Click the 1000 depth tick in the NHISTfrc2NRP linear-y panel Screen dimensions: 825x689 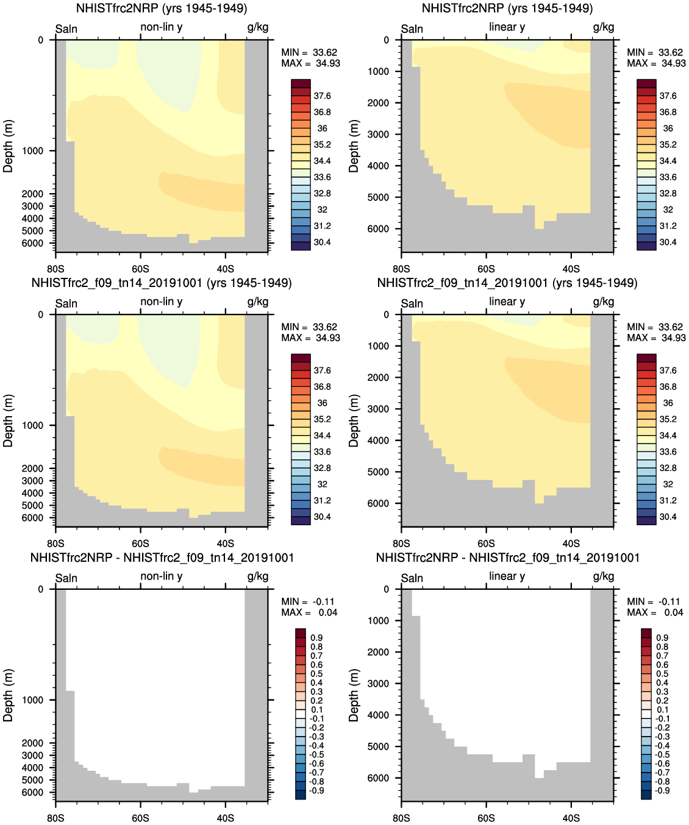pyautogui.click(x=378, y=71)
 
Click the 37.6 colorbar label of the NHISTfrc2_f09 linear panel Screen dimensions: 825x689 pyautogui.click(x=668, y=370)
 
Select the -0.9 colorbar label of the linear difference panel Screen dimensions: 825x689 pyautogui.click(x=662, y=791)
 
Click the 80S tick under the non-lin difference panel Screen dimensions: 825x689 pyautogui.click(x=55, y=818)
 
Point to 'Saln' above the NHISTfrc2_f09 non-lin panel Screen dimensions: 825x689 pyautogui.click(x=66, y=303)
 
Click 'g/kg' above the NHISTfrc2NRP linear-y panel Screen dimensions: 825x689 pyautogui.click(x=604, y=27)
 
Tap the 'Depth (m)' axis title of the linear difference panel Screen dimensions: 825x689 pyautogui.click(x=354, y=695)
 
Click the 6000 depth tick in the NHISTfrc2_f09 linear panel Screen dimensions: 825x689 pyautogui.click(x=378, y=503)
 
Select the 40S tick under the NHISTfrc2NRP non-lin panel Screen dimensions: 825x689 pyautogui.click(x=226, y=269)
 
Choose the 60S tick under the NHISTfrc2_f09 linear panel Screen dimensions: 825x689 pyautogui.click(x=486, y=544)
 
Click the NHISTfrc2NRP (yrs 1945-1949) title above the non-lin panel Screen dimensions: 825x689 pyautogui.click(x=162, y=9)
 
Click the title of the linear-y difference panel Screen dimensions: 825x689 pyautogui.click(x=507, y=558)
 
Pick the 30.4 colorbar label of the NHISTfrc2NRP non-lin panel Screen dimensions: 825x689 pyautogui.click(x=322, y=243)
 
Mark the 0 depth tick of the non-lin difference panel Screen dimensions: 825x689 pyautogui.click(x=41, y=589)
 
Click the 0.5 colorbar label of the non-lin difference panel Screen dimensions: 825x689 pyautogui.click(x=316, y=674)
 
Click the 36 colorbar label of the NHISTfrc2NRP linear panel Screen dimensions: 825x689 pyautogui.click(x=668, y=129)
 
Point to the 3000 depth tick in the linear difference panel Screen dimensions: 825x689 pyautogui.click(x=378, y=684)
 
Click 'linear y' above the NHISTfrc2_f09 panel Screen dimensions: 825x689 pyautogui.click(x=507, y=302)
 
